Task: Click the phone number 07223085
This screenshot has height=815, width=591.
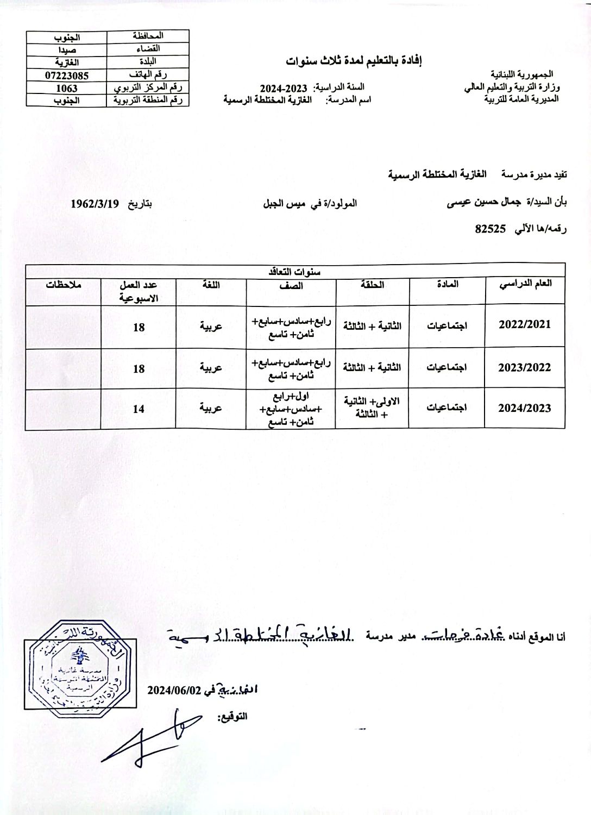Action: [66, 76]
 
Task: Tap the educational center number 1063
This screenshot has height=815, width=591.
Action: [66, 87]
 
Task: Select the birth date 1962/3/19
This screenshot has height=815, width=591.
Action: [95, 204]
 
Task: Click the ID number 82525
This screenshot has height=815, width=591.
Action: [491, 229]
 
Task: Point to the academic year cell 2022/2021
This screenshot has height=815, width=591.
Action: [525, 324]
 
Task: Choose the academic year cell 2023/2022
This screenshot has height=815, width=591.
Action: [525, 367]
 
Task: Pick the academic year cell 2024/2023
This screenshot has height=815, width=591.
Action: [525, 408]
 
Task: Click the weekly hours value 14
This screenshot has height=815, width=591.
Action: [139, 409]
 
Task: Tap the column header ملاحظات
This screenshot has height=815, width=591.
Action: [63, 284]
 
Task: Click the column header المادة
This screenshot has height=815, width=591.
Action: [447, 284]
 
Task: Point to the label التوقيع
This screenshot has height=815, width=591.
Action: [232, 717]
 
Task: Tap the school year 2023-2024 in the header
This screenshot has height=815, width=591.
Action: [284, 88]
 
